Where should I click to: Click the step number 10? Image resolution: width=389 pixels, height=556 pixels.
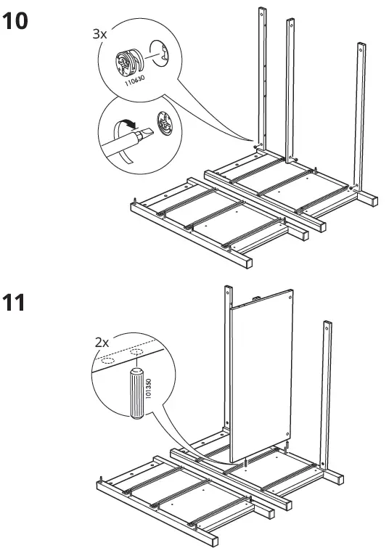[16, 21]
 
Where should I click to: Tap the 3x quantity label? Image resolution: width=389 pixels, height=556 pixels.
[99, 34]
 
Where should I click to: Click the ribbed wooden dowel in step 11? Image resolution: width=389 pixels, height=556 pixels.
[136, 394]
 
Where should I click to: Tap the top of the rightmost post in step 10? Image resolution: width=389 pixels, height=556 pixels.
[359, 46]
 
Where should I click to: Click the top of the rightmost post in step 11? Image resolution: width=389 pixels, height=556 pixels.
[329, 322]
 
